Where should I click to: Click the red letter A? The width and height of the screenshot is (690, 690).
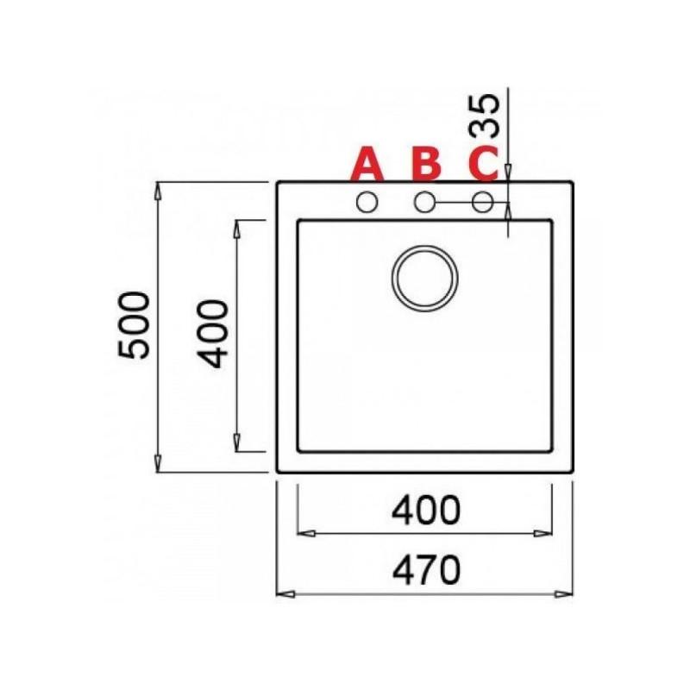(367, 164)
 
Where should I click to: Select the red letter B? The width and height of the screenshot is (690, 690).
(425, 164)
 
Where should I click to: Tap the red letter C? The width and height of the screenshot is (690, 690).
(483, 164)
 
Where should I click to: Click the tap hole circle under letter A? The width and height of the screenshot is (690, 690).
(367, 203)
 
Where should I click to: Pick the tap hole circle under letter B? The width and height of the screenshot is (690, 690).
(424, 203)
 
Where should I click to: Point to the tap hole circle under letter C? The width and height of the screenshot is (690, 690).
(483, 203)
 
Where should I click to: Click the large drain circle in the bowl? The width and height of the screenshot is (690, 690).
(425, 278)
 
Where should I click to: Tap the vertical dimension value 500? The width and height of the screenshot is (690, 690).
(135, 325)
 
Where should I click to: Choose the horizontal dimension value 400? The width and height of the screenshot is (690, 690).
(425, 512)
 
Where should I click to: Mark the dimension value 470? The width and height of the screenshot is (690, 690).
(425, 570)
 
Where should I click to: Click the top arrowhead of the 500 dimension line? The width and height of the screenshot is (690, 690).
(160, 187)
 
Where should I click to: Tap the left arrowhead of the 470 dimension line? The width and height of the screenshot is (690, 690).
(282, 594)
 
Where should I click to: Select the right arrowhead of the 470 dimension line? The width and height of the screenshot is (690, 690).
(567, 594)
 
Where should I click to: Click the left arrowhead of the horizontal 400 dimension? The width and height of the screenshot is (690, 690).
(303, 533)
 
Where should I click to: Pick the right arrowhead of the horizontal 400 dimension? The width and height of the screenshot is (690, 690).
(546, 533)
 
